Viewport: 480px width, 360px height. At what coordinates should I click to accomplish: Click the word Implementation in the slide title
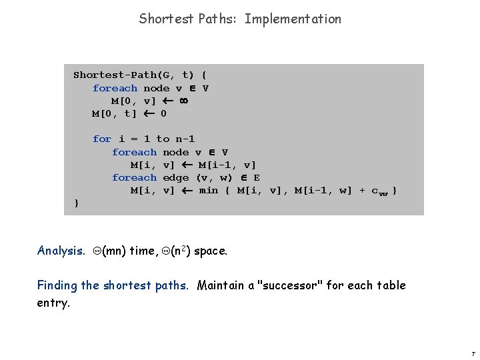point(293,19)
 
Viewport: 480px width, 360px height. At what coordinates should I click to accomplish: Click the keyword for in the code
point(102,139)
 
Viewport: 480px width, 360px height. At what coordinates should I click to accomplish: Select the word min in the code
point(209,190)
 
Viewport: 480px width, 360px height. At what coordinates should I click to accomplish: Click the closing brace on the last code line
point(77,203)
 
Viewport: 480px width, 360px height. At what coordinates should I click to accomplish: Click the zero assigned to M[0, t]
point(163,113)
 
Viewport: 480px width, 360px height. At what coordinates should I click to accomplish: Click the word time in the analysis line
point(146,251)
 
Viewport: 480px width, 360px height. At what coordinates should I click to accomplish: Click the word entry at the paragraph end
point(53,303)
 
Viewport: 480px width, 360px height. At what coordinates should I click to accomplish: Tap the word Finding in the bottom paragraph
point(57,285)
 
